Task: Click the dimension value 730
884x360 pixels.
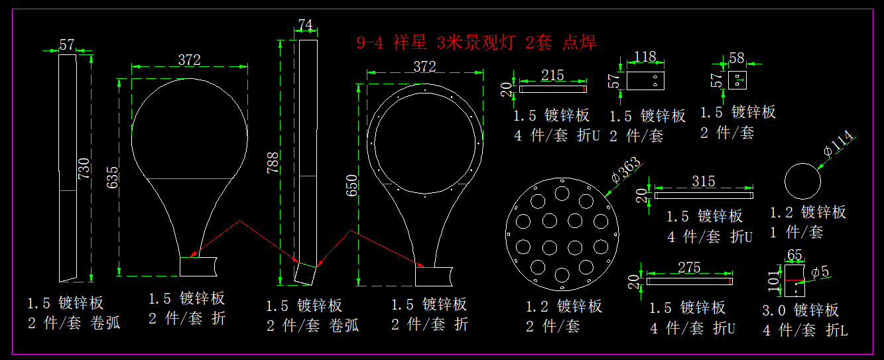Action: pos(84,168)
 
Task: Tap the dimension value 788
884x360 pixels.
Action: pos(273,162)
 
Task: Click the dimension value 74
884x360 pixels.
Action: pos(305,25)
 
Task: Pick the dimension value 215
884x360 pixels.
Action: pos(552,75)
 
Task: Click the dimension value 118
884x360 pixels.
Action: pos(645,56)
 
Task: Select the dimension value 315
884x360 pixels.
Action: pos(703,181)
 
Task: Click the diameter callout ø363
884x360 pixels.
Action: pos(625,170)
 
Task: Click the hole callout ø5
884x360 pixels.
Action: pos(820,271)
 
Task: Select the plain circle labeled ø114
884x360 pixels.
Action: pos(802,180)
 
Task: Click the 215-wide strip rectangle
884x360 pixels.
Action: pos(552,89)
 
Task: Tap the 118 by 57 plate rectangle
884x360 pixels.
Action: pos(645,81)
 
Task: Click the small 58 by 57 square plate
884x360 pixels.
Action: pos(737,80)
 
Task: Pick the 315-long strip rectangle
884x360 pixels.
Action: pos(704,195)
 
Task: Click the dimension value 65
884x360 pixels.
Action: pos(794,255)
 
